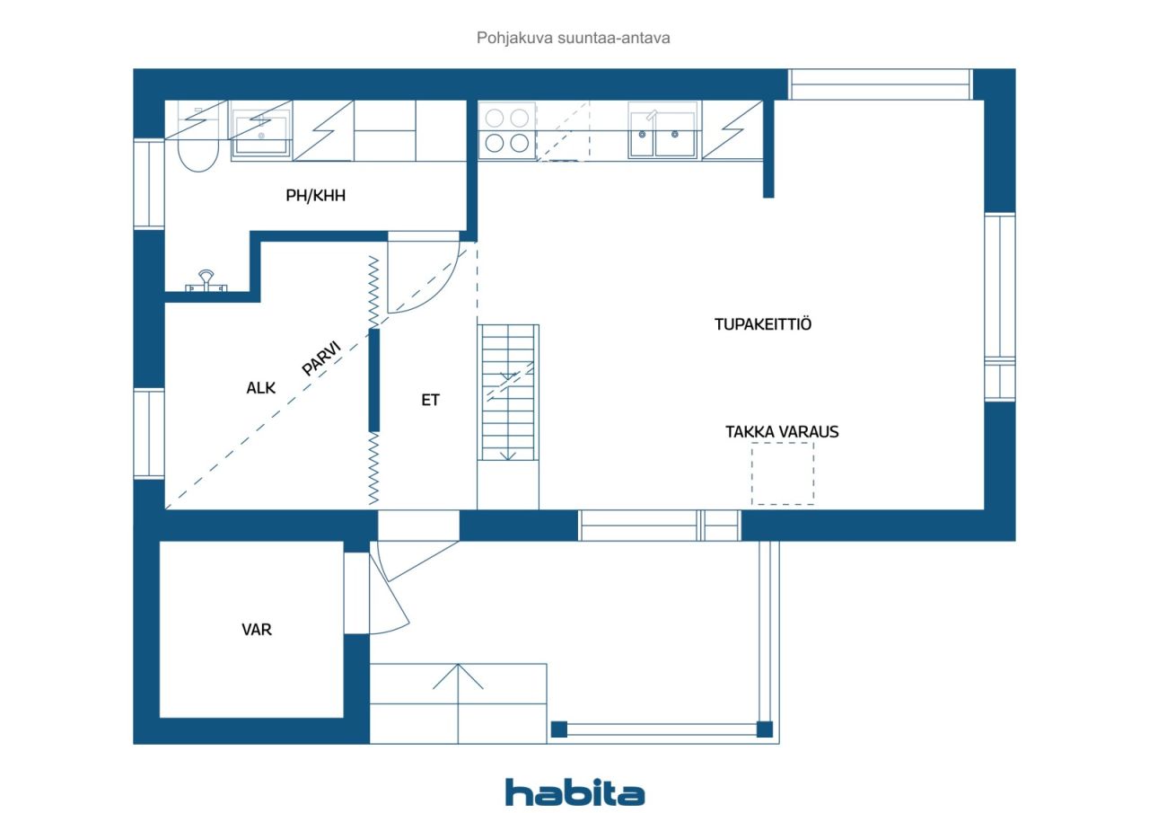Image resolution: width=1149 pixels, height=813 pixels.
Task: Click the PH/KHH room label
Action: (315, 196)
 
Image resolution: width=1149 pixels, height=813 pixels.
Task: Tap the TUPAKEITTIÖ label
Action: (763, 324)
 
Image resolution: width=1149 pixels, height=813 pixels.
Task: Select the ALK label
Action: (260, 388)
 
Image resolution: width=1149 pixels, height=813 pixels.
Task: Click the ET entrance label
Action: (430, 400)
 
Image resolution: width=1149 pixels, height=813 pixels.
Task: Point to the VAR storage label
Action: (257, 629)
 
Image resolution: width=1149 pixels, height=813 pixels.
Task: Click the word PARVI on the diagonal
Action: (321, 358)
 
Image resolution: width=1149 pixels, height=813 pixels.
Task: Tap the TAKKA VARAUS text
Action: (782, 431)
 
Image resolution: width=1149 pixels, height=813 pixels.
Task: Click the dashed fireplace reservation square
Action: (783, 473)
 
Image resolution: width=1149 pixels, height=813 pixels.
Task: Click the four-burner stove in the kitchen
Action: (507, 131)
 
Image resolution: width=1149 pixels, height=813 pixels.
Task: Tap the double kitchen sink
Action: (662, 130)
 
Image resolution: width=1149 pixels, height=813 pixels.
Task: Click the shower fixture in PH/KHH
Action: (206, 282)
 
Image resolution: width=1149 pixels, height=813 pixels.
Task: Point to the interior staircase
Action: (508, 393)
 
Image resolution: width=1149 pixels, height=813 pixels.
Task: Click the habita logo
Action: (574, 793)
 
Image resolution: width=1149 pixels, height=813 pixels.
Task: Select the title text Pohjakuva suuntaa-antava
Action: (573, 38)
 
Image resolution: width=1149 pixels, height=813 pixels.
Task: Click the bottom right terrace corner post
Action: (764, 729)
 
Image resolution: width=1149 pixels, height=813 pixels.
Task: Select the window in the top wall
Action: (881, 84)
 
